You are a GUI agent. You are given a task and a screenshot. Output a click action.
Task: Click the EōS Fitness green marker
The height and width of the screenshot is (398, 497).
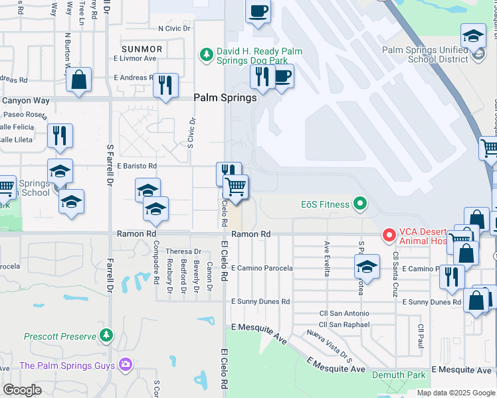click(360, 204)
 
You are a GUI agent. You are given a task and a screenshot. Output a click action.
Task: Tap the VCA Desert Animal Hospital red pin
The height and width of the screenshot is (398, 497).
click(389, 235)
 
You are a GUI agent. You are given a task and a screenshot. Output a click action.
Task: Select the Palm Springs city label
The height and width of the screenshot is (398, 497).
click(225, 98)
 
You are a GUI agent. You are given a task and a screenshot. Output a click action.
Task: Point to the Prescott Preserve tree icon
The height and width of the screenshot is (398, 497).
click(107, 336)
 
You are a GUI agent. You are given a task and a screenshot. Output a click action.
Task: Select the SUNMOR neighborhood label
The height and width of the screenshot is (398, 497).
click(142, 49)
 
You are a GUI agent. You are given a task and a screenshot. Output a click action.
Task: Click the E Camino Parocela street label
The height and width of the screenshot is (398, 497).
click(262, 268)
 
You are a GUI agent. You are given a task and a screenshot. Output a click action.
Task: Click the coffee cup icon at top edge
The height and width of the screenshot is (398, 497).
click(258, 11)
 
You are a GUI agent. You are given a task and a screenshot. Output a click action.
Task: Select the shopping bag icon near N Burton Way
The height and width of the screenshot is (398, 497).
click(78, 80)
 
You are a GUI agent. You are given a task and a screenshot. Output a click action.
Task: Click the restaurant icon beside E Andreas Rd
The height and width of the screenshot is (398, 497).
click(165, 84)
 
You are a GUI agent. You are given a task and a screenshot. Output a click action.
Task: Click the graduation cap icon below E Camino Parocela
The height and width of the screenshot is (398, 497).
click(367, 266)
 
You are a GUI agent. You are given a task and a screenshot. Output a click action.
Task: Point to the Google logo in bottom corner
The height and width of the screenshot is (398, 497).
click(23, 389)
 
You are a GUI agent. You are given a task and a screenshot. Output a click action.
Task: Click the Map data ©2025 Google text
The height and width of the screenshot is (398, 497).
click(455, 393)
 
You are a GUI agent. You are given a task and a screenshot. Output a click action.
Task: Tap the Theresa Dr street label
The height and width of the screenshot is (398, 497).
click(183, 251)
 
